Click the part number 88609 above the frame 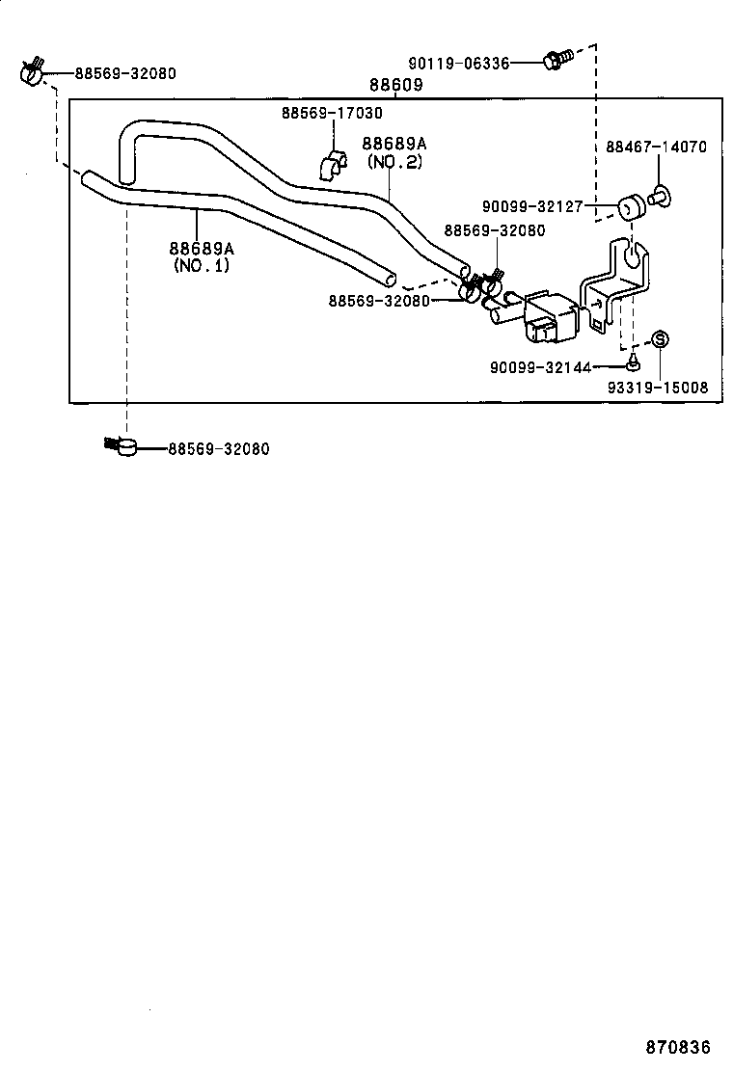[395, 86]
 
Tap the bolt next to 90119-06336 [557, 60]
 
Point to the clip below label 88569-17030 [332, 165]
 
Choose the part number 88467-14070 [656, 147]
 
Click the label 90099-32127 [534, 205]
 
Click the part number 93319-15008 [658, 388]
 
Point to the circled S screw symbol [661, 339]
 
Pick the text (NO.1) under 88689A [202, 265]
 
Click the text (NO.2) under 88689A [394, 161]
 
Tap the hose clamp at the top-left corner [32, 72]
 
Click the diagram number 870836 [677, 1046]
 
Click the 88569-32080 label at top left [125, 73]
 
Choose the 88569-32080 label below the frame [218, 449]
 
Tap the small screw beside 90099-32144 [632, 363]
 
